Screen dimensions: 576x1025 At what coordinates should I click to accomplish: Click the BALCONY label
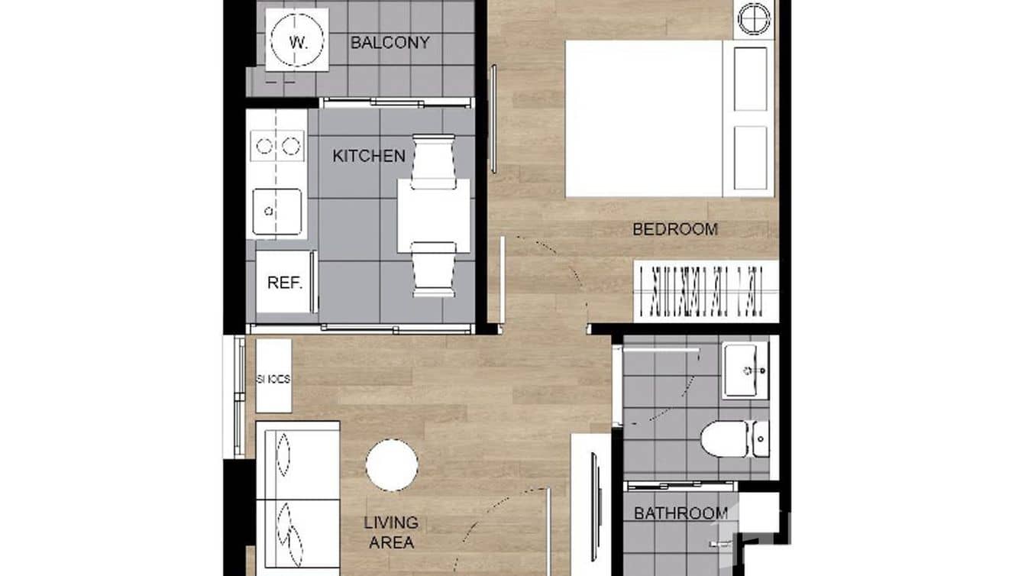pyautogui.click(x=390, y=43)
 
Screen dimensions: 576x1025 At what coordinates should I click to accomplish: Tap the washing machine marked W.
pyautogui.click(x=297, y=40)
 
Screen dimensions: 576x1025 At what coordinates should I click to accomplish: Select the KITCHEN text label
pyautogui.click(x=369, y=156)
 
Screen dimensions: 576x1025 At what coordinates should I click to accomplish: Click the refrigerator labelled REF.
pyautogui.click(x=285, y=282)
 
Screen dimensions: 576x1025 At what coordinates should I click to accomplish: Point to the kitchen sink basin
pyautogui.click(x=276, y=211)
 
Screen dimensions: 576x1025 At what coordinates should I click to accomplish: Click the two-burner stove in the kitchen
pyautogui.click(x=277, y=146)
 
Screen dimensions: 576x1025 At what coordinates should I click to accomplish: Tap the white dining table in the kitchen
pyautogui.click(x=433, y=215)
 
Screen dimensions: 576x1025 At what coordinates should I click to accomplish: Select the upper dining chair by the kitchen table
pyautogui.click(x=433, y=161)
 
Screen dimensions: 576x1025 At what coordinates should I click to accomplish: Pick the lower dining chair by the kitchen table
pyautogui.click(x=433, y=269)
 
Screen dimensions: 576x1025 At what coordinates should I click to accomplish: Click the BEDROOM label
pyautogui.click(x=675, y=228)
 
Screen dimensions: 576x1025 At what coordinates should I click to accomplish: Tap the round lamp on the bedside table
pyautogui.click(x=754, y=18)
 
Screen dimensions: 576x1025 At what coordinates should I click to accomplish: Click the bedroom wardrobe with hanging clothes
pyautogui.click(x=706, y=292)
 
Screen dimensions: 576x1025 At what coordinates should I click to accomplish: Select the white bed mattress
pyautogui.click(x=643, y=118)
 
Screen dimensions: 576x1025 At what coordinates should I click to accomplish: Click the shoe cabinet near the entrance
pyautogui.click(x=273, y=376)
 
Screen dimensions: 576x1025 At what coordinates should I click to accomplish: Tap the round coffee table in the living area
pyautogui.click(x=391, y=464)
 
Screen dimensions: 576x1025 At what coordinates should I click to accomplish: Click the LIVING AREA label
pyautogui.click(x=391, y=532)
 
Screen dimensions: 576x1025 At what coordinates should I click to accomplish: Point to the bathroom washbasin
pyautogui.click(x=745, y=370)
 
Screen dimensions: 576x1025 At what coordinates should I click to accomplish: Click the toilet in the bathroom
pyautogui.click(x=733, y=439)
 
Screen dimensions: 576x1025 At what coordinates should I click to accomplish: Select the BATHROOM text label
pyautogui.click(x=681, y=513)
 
